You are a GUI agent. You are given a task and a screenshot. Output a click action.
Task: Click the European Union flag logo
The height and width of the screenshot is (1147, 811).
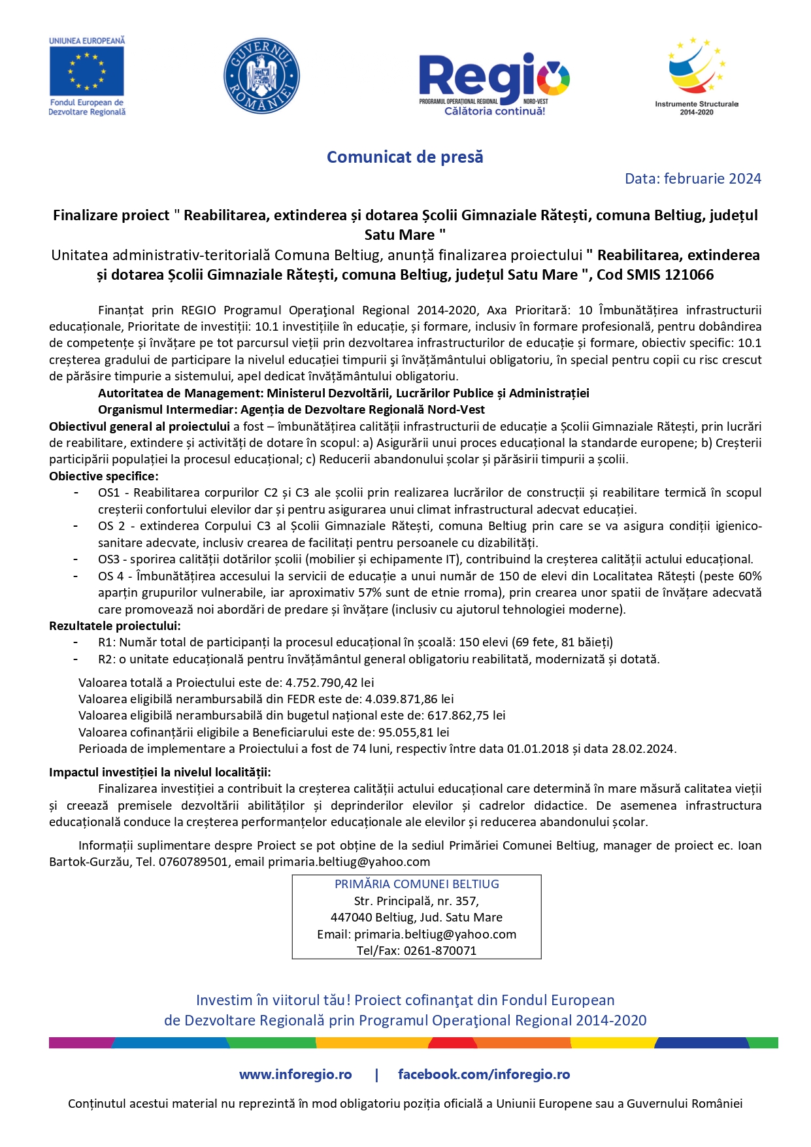tap(86, 71)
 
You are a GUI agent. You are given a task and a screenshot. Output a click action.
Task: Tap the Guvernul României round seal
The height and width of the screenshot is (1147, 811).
tap(261, 75)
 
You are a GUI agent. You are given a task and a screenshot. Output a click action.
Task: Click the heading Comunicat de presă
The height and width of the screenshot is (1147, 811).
tap(405, 158)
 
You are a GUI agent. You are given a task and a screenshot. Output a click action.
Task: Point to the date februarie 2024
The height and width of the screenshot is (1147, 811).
tap(712, 178)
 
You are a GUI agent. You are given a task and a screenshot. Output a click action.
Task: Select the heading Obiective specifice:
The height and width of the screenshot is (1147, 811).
tap(103, 476)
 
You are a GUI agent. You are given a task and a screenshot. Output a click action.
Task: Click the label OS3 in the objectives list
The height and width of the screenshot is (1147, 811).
tap(108, 559)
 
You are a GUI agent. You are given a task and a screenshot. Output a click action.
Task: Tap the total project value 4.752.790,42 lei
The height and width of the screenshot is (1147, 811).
tap(330, 683)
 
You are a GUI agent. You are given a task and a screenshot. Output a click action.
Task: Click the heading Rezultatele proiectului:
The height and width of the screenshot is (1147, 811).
tap(114, 626)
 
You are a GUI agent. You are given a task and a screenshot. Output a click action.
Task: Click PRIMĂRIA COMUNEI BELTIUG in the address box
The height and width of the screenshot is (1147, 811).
tap(416, 884)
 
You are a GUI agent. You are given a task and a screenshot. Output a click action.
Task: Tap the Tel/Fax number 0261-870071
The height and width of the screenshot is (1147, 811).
tap(440, 951)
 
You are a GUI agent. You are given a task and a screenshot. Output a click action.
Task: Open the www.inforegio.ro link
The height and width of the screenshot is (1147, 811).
tap(295, 1074)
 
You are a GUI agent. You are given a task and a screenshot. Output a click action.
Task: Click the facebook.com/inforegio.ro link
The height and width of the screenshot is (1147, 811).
tap(484, 1074)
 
